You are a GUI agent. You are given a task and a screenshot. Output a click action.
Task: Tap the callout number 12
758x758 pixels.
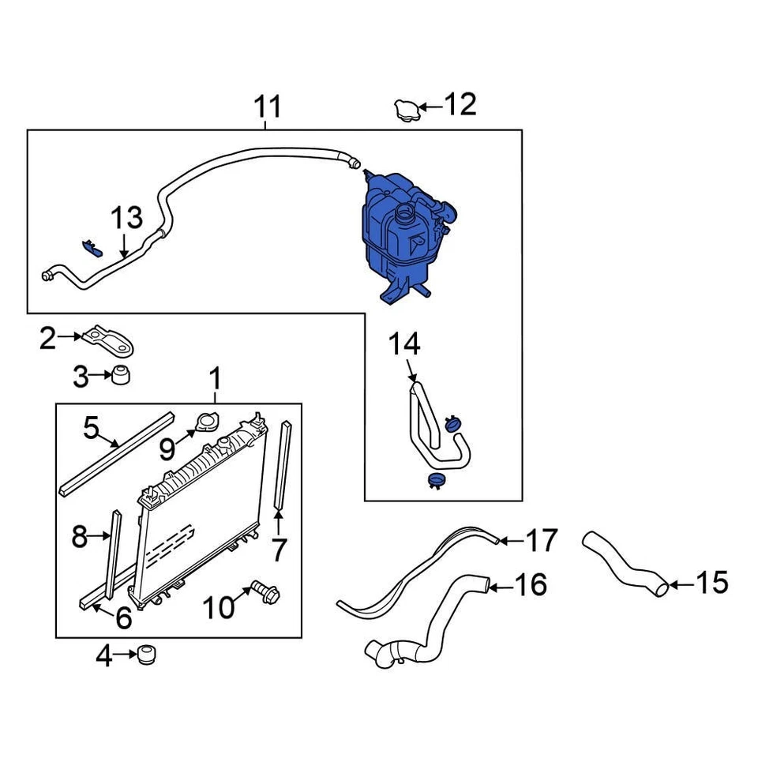click(460, 105)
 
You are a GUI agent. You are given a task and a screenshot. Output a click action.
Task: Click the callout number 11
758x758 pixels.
click(267, 107)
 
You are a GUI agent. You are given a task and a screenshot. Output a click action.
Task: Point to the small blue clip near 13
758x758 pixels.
click(92, 248)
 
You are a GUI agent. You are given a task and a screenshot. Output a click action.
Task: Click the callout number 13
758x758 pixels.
click(126, 218)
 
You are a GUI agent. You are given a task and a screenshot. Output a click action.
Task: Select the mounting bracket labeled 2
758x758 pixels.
click(111, 340)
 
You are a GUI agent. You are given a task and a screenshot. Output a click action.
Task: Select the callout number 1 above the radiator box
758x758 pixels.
click(215, 380)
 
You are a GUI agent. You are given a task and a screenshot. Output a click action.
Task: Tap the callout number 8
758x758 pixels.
click(79, 537)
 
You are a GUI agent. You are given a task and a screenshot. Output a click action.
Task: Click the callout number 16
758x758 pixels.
click(531, 585)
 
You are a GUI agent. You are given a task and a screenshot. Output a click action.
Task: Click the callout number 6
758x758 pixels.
click(123, 618)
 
